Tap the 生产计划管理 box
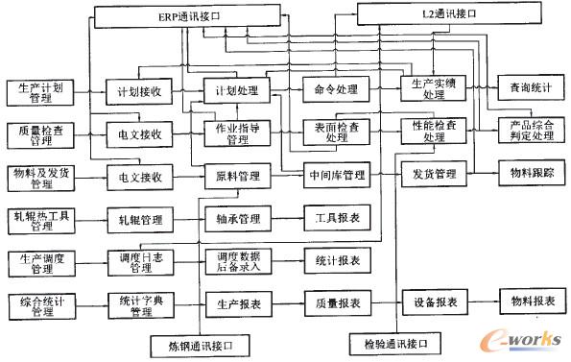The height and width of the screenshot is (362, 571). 37,91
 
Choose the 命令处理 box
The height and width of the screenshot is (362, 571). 335,90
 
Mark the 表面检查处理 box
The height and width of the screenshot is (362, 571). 335,133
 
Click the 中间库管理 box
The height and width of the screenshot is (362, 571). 336,177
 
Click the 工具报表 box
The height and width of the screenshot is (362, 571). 336,219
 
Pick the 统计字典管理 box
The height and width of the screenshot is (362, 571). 138,305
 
